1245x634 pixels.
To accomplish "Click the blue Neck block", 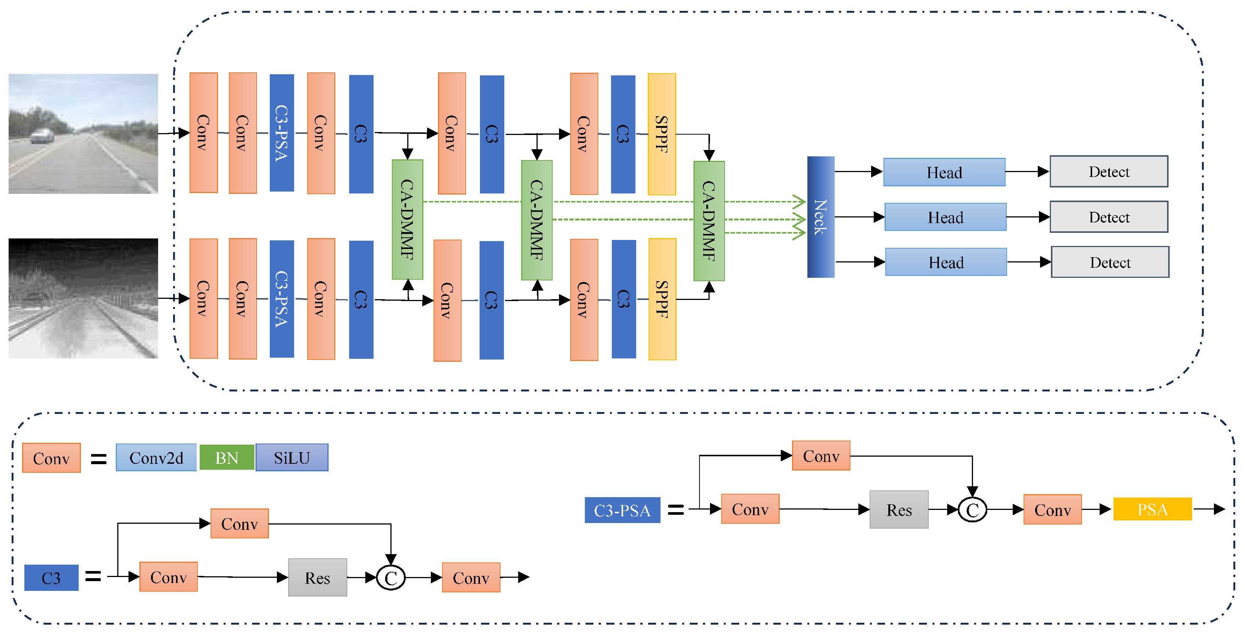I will click(x=820, y=217).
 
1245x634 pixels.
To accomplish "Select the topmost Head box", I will click(x=944, y=172).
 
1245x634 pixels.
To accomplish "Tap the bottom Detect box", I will click(x=1110, y=262).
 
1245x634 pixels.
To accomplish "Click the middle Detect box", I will click(x=1109, y=217).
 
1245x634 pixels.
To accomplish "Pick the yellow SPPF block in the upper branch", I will click(x=661, y=134).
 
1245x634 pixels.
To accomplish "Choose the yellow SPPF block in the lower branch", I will click(x=662, y=299).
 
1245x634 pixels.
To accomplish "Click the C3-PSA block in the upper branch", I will click(x=281, y=133).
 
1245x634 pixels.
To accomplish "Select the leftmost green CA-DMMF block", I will click(x=407, y=220).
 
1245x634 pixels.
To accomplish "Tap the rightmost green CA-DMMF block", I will click(x=708, y=221).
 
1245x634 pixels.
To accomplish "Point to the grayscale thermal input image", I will click(x=83, y=298).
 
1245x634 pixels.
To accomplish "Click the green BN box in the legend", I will click(x=227, y=457).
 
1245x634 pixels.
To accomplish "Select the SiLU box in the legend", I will click(x=291, y=457).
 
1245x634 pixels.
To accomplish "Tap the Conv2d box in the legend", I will click(x=156, y=457).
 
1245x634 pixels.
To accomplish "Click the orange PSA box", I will click(x=1152, y=509).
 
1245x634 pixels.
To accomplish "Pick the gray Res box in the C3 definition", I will click(x=317, y=577).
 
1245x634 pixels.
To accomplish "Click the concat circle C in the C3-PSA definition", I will click(x=972, y=510).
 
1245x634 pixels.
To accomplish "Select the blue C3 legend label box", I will click(x=51, y=578).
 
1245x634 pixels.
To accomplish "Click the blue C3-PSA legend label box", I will click(x=622, y=510).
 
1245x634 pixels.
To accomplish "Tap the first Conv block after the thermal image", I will click(x=203, y=298).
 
